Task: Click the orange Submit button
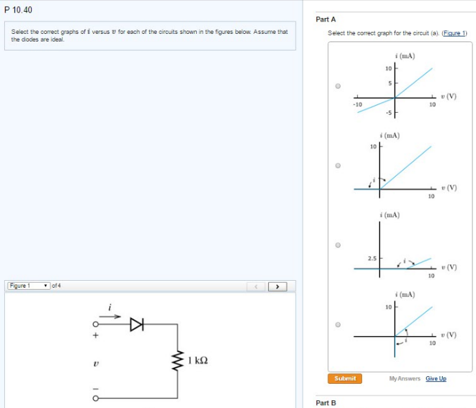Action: tap(345, 378)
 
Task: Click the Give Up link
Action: tap(436, 378)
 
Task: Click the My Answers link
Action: tap(404, 378)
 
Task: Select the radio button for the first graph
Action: tap(338, 86)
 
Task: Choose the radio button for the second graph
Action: tap(338, 166)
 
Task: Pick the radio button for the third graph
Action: tap(338, 245)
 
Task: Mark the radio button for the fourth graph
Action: tap(338, 324)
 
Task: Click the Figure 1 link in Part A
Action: tap(455, 33)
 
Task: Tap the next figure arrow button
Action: tap(278, 286)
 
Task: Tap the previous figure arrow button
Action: tap(256, 286)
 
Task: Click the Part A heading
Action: tap(325, 19)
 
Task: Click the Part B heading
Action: tap(325, 402)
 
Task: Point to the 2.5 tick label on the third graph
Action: tap(372, 258)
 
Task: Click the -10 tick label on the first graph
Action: tap(357, 104)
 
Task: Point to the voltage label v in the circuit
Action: tap(97, 361)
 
